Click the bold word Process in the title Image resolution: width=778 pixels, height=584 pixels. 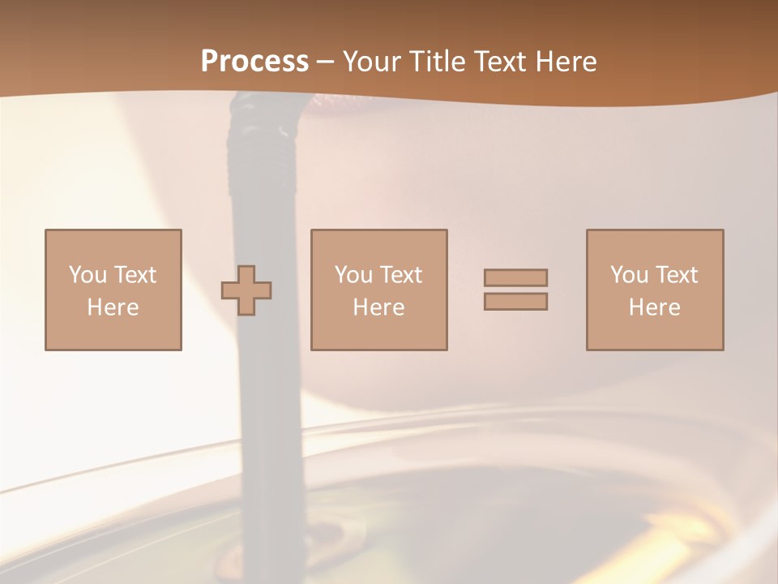click(x=254, y=62)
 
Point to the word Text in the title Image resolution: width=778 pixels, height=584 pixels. click(x=501, y=62)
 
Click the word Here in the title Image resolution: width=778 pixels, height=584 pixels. click(x=566, y=62)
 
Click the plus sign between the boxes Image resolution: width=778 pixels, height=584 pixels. click(x=246, y=290)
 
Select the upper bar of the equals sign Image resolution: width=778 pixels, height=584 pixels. click(x=515, y=277)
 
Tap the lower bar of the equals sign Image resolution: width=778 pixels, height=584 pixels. click(x=515, y=302)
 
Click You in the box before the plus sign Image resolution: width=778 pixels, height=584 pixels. click(x=88, y=275)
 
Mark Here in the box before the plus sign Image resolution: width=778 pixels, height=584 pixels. click(x=113, y=307)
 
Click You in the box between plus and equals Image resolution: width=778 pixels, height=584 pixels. click(x=353, y=275)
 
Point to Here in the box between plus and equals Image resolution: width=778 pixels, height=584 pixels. click(x=378, y=307)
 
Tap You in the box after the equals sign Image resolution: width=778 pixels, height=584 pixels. click(x=629, y=275)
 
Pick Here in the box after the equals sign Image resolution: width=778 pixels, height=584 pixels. click(x=654, y=307)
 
